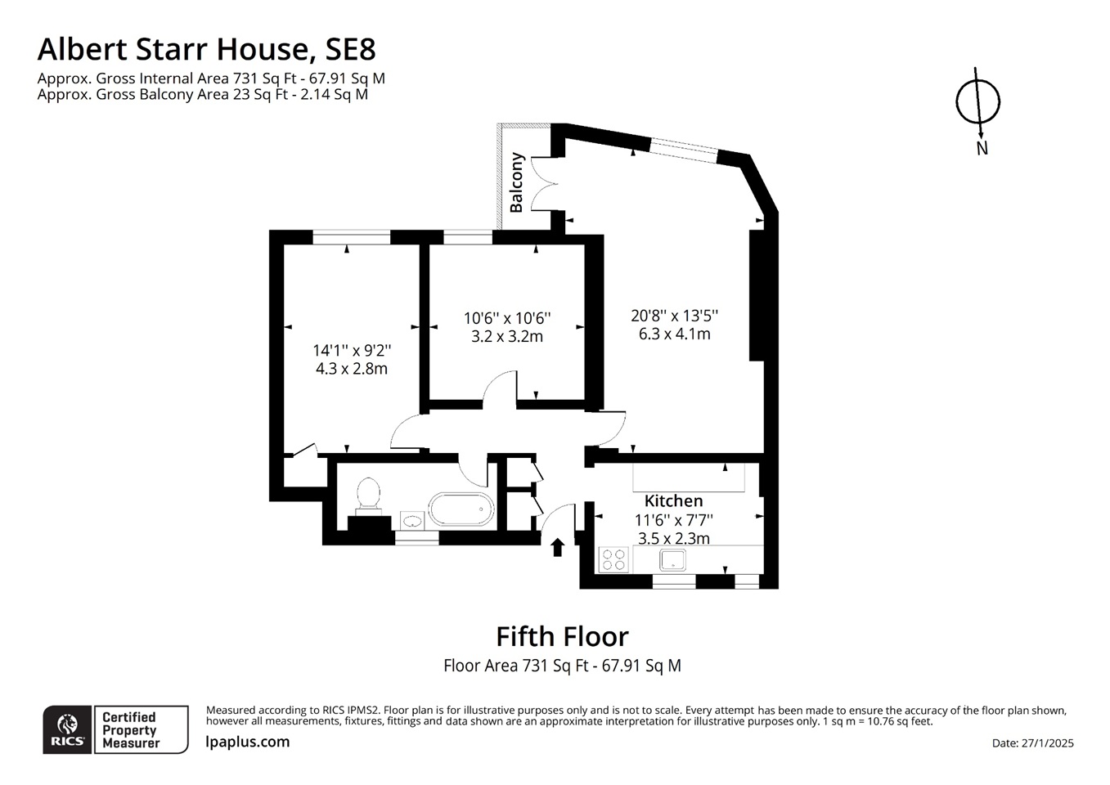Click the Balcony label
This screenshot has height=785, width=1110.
[x=516, y=182]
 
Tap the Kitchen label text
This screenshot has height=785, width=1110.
[x=673, y=500]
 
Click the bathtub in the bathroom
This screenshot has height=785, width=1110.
[x=461, y=509]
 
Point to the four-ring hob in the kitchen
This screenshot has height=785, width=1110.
[x=613, y=559]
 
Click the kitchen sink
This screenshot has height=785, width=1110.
[x=673, y=559]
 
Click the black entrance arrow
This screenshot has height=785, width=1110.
[x=558, y=547]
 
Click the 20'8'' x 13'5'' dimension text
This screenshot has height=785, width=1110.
[x=674, y=316]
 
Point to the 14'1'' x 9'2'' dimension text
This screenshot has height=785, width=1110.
[x=352, y=350]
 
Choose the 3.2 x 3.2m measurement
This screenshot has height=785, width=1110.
[x=507, y=336]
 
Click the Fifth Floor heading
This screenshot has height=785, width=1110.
[x=562, y=636]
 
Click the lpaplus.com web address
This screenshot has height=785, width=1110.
[x=248, y=742]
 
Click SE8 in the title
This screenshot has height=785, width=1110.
[x=350, y=49]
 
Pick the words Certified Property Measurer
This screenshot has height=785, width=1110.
[x=131, y=730]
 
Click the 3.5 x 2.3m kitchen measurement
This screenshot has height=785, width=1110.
[x=673, y=538]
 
